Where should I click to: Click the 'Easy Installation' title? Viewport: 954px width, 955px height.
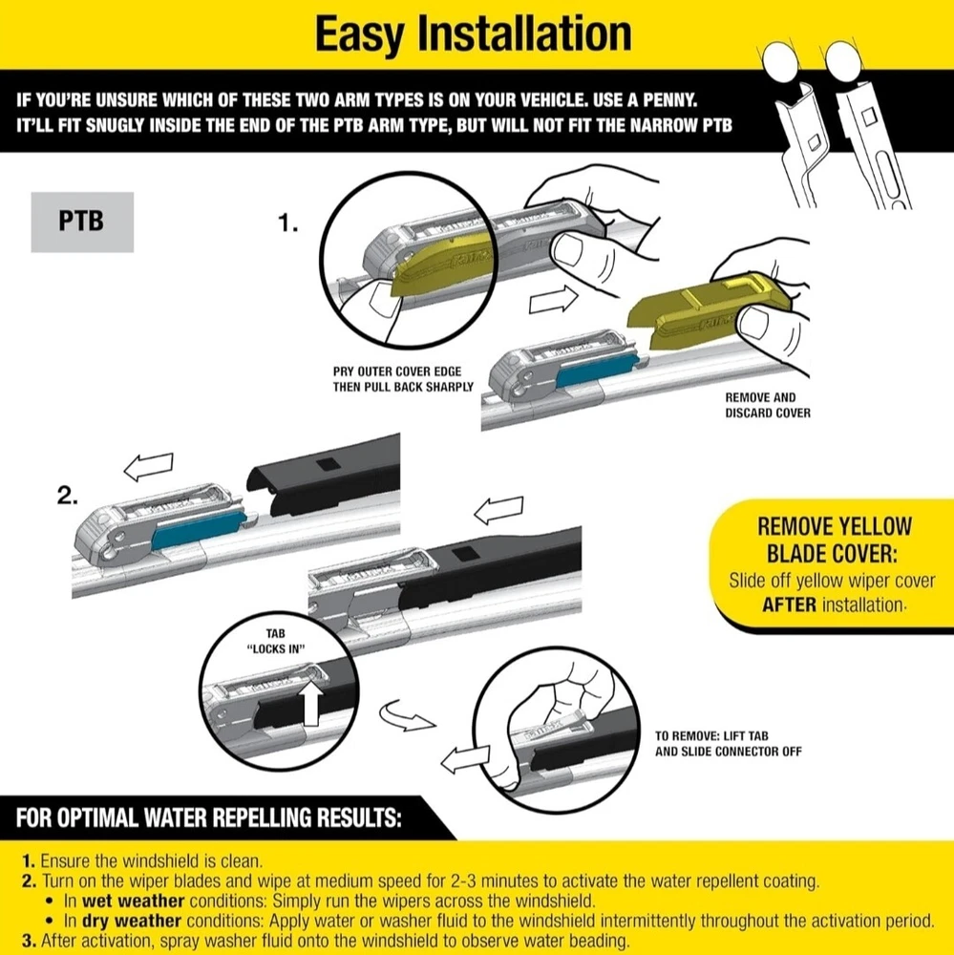click(473, 34)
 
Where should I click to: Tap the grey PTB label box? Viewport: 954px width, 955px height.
click(82, 222)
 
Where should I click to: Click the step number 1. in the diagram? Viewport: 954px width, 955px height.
click(288, 224)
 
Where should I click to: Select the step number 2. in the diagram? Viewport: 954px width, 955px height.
click(67, 496)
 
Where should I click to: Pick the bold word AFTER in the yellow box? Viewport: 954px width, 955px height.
click(789, 605)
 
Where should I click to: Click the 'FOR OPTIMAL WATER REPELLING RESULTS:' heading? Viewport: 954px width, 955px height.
click(209, 818)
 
